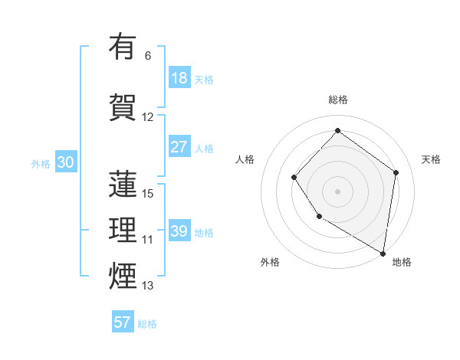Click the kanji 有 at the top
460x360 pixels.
point(123,47)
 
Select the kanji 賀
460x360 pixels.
point(123,106)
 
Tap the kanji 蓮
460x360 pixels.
point(123,185)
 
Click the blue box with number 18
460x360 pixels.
point(179,78)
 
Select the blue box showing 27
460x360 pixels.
point(179,147)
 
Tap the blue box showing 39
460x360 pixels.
point(179,231)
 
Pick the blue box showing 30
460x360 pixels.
point(66,162)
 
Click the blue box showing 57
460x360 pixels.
point(123,322)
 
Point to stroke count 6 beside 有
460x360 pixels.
point(148,56)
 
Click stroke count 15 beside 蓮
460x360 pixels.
point(148,193)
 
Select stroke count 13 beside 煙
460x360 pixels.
point(148,286)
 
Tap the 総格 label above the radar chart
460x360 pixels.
point(337,100)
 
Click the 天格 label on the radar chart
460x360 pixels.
point(431,159)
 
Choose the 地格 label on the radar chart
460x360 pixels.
point(402,262)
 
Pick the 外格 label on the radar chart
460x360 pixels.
point(270,262)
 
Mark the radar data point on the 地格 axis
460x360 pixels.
point(383,253)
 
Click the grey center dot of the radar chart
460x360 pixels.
point(337,191)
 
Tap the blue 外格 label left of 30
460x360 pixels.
point(41,163)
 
